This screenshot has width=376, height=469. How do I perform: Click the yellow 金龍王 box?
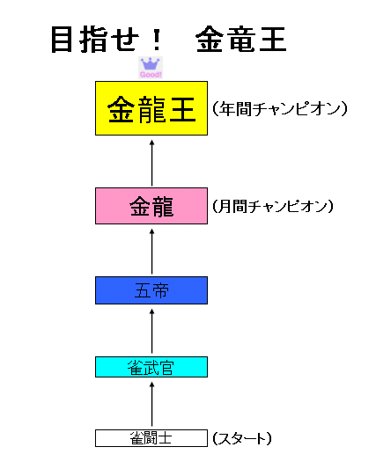(151, 108)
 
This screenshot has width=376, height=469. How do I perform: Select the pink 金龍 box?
(151, 206)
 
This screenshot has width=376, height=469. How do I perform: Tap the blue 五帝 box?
(151, 290)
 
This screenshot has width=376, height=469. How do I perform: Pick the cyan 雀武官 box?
(151, 367)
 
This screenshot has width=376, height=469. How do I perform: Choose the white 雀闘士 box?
(151, 438)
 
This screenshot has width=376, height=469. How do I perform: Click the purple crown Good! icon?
(151, 68)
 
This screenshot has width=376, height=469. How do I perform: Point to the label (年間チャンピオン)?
(280, 108)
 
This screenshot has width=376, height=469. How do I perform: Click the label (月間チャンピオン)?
(273, 207)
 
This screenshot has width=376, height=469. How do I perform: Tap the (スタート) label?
(242, 438)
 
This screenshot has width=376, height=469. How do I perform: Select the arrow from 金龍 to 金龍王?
(151, 163)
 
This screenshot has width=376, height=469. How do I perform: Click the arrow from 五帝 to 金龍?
(151, 252)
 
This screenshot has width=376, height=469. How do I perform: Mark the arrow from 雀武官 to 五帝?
(151, 332)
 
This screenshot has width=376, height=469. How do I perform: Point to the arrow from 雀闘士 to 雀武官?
(151, 405)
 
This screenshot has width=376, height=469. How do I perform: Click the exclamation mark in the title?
(156, 40)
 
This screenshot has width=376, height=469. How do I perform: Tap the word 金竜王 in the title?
(241, 40)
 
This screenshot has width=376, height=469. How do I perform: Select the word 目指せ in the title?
(95, 40)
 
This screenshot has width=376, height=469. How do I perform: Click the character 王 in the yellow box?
(183, 109)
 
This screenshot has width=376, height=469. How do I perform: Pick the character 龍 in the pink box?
(163, 207)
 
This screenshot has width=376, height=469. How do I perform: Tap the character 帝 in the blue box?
(160, 290)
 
